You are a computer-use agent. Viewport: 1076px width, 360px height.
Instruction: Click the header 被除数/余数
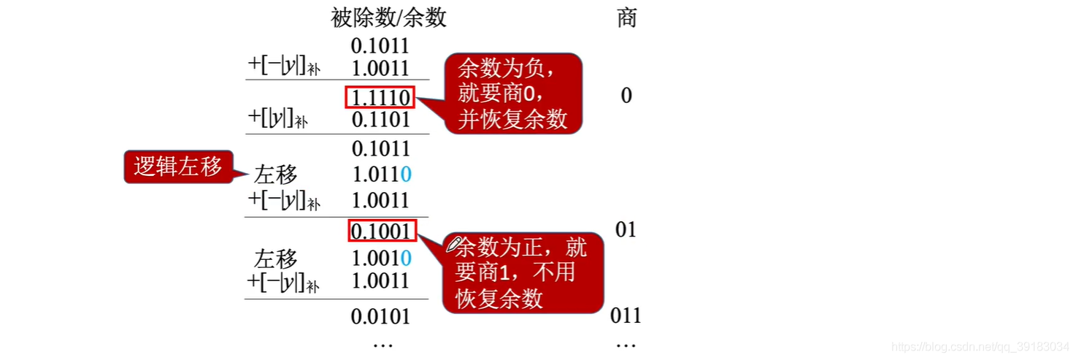pos(388,18)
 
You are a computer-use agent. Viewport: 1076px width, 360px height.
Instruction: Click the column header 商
pos(627,18)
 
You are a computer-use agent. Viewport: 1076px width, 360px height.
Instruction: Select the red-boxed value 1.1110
pos(380,97)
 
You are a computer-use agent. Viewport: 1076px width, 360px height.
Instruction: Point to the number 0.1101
pos(380,120)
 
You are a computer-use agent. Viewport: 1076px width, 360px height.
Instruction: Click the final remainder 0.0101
pos(380,317)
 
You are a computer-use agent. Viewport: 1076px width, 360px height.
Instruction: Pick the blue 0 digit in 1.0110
pos(406,175)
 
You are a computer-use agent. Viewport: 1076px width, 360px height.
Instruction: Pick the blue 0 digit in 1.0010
pos(406,258)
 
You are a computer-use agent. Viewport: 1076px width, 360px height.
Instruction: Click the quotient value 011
pos(626,315)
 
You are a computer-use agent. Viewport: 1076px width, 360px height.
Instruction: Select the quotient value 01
pos(626,230)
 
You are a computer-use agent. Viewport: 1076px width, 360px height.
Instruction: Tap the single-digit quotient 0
pos(626,96)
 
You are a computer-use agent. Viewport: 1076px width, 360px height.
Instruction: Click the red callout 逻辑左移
pos(177,166)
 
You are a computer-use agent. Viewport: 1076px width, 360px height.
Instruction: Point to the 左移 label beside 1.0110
pos(276,175)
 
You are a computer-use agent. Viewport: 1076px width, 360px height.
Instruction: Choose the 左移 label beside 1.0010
pos(276,258)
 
